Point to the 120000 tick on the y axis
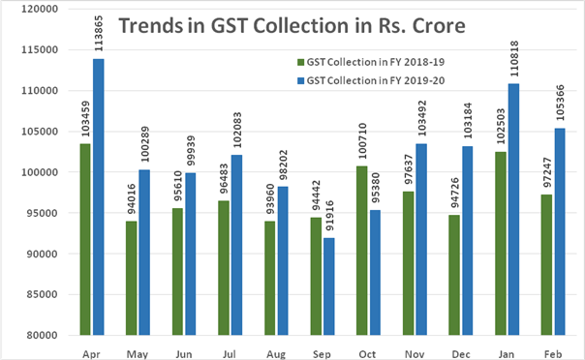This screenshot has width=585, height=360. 40,9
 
